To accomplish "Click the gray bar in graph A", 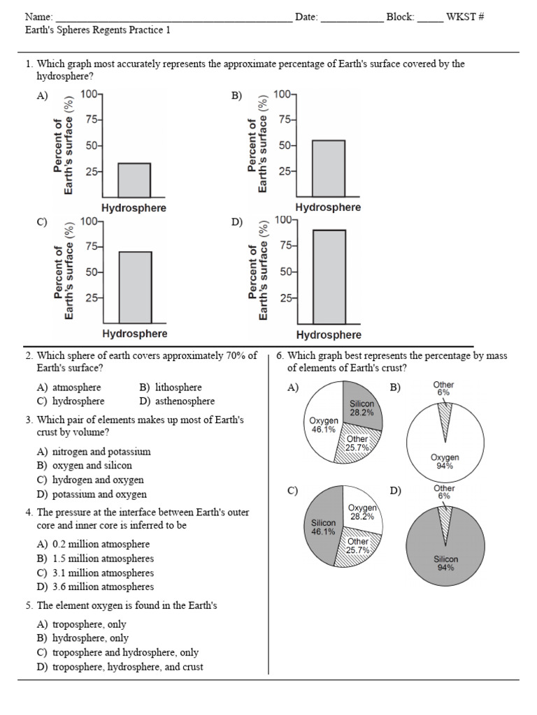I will [134, 180].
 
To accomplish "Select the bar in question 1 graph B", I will [328, 169].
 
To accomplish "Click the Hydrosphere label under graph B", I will [328, 207].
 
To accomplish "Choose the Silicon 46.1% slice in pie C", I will [322, 527].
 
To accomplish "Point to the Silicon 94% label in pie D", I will [445, 563].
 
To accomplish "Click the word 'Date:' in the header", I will [307, 17].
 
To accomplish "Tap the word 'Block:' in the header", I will [401, 17].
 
